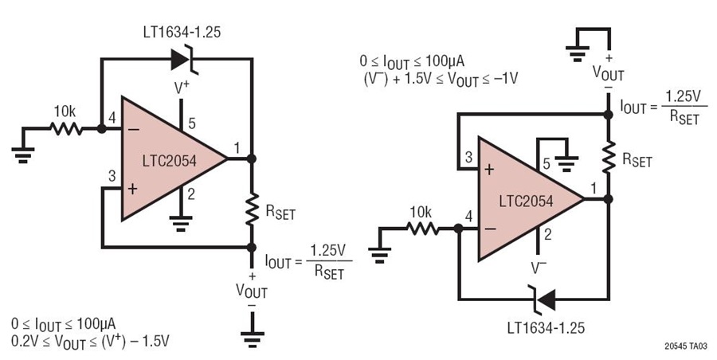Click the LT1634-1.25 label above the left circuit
pos(181,32)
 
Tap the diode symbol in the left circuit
pos(185,59)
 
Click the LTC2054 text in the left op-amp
pos(169,161)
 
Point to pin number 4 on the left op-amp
pos(112,118)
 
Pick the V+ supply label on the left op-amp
pos(182,88)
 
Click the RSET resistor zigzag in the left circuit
pos(252,209)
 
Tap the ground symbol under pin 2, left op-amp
pos(181,223)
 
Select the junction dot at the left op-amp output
pos(251,158)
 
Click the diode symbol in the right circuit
pos(542,299)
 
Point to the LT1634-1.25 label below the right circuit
pos(546,328)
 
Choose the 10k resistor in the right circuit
pos(423,229)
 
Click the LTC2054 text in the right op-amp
pos(526,202)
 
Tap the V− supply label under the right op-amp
pos(539,268)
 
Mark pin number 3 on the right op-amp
pos(468,158)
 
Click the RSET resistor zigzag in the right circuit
pos(608,157)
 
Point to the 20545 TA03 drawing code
pos(685,346)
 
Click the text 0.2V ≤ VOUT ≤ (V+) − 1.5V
pos(90,342)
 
